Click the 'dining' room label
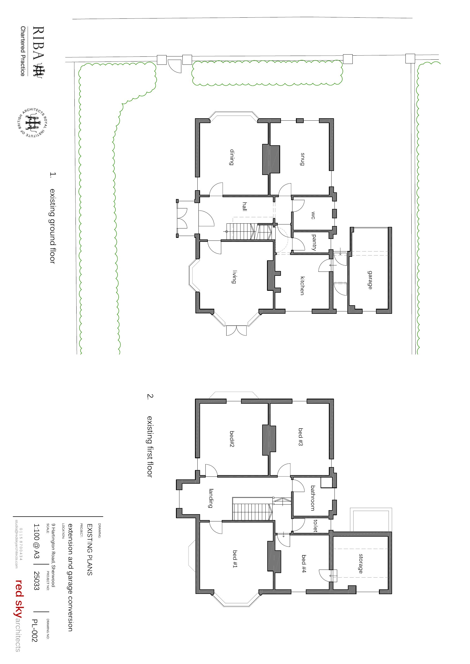pyautogui.click(x=232, y=157)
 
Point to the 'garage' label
pyautogui.click(x=370, y=280)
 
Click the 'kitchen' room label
pyautogui.click(x=302, y=286)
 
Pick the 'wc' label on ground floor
pyautogui.click(x=313, y=215)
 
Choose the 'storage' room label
pyautogui.click(x=361, y=564)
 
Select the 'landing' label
pyautogui.click(x=211, y=498)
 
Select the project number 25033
pyautogui.click(x=36, y=581)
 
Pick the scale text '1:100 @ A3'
pyautogui.click(x=36, y=541)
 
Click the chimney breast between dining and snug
pyautogui.click(x=271, y=160)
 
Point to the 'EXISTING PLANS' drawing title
pyautogui.click(x=90, y=550)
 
